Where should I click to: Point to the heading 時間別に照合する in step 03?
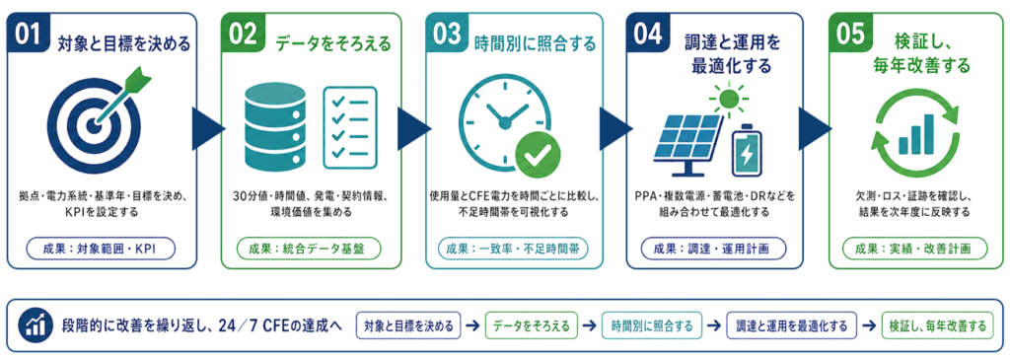(x=536, y=44)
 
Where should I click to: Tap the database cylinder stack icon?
(x=270, y=126)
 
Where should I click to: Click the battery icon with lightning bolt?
(x=747, y=150)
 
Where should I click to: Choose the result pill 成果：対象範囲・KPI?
(x=101, y=248)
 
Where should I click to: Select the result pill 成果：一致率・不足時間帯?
(x=513, y=248)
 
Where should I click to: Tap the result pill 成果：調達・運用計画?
(x=714, y=248)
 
